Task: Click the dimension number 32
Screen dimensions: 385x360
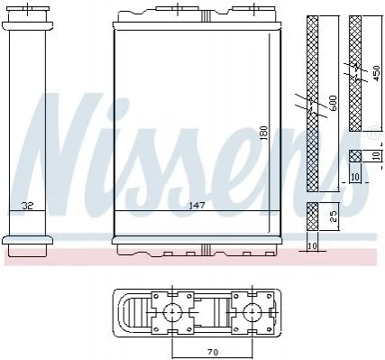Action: tap(28, 206)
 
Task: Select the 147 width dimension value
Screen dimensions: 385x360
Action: tap(197, 206)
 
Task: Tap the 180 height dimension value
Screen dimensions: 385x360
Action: tap(264, 134)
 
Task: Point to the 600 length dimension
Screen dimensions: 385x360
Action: tap(334, 104)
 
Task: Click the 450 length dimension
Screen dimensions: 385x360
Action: tap(376, 73)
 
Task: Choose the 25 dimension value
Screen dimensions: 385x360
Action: tap(334, 217)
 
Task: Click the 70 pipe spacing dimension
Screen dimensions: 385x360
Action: tap(212, 352)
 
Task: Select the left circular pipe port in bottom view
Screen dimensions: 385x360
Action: tap(172, 312)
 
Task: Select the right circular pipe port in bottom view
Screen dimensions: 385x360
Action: tap(252, 312)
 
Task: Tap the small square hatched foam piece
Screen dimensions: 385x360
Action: tap(355, 156)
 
